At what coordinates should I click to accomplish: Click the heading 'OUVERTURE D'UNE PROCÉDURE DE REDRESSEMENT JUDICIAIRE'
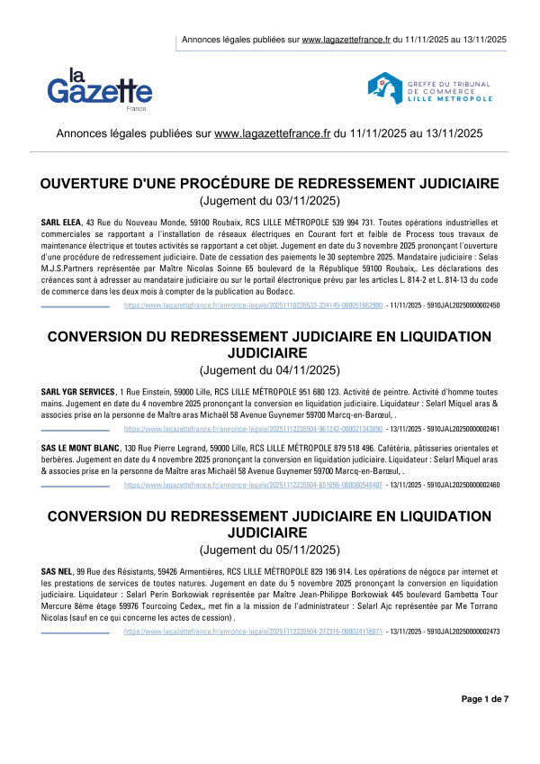tap(270, 185)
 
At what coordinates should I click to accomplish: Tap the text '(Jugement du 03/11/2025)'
tap(270, 202)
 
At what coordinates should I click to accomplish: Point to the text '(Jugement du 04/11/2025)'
tap(270, 370)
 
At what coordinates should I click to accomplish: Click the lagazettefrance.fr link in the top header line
tap(346, 40)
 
